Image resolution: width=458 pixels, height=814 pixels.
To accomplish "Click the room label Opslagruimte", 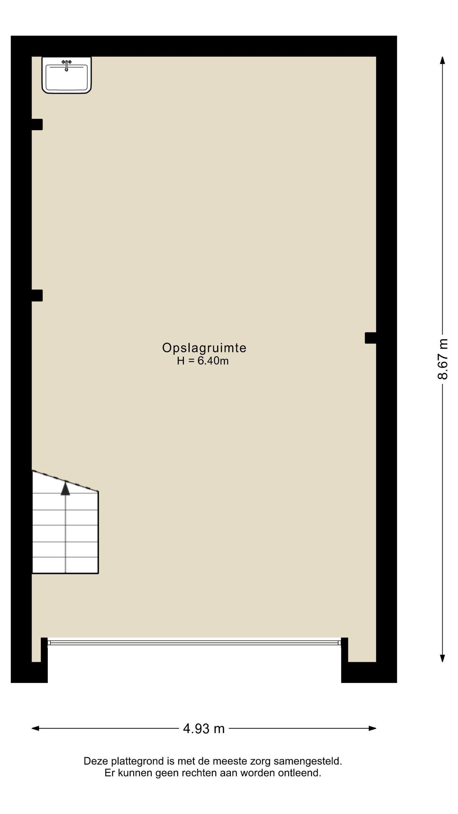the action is (x=204, y=348).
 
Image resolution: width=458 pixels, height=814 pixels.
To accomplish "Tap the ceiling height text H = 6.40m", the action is (x=203, y=361).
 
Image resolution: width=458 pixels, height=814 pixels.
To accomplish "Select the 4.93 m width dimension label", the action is (x=204, y=728).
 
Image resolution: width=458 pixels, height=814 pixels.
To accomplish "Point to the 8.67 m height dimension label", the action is (x=442, y=359).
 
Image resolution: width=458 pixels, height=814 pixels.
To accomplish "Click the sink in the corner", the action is (x=66, y=75).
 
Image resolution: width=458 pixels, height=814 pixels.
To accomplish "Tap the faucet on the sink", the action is (x=66, y=65).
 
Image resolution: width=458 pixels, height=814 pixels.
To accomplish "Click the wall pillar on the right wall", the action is (x=371, y=338).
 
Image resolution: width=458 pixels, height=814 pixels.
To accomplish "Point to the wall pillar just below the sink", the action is (x=37, y=124).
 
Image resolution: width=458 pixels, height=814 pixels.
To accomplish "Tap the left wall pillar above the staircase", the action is (x=37, y=295).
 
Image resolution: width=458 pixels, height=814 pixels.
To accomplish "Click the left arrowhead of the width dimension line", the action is (x=35, y=728).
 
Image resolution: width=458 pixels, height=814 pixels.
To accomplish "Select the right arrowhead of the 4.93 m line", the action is (x=372, y=728).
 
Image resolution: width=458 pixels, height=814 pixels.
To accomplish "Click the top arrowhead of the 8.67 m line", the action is (x=442, y=60).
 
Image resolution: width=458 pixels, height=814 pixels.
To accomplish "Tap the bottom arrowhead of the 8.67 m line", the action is (x=442, y=658).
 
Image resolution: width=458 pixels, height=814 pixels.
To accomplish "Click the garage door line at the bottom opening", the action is (x=194, y=643).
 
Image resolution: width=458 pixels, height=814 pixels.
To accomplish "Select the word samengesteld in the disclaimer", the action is (x=308, y=762).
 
